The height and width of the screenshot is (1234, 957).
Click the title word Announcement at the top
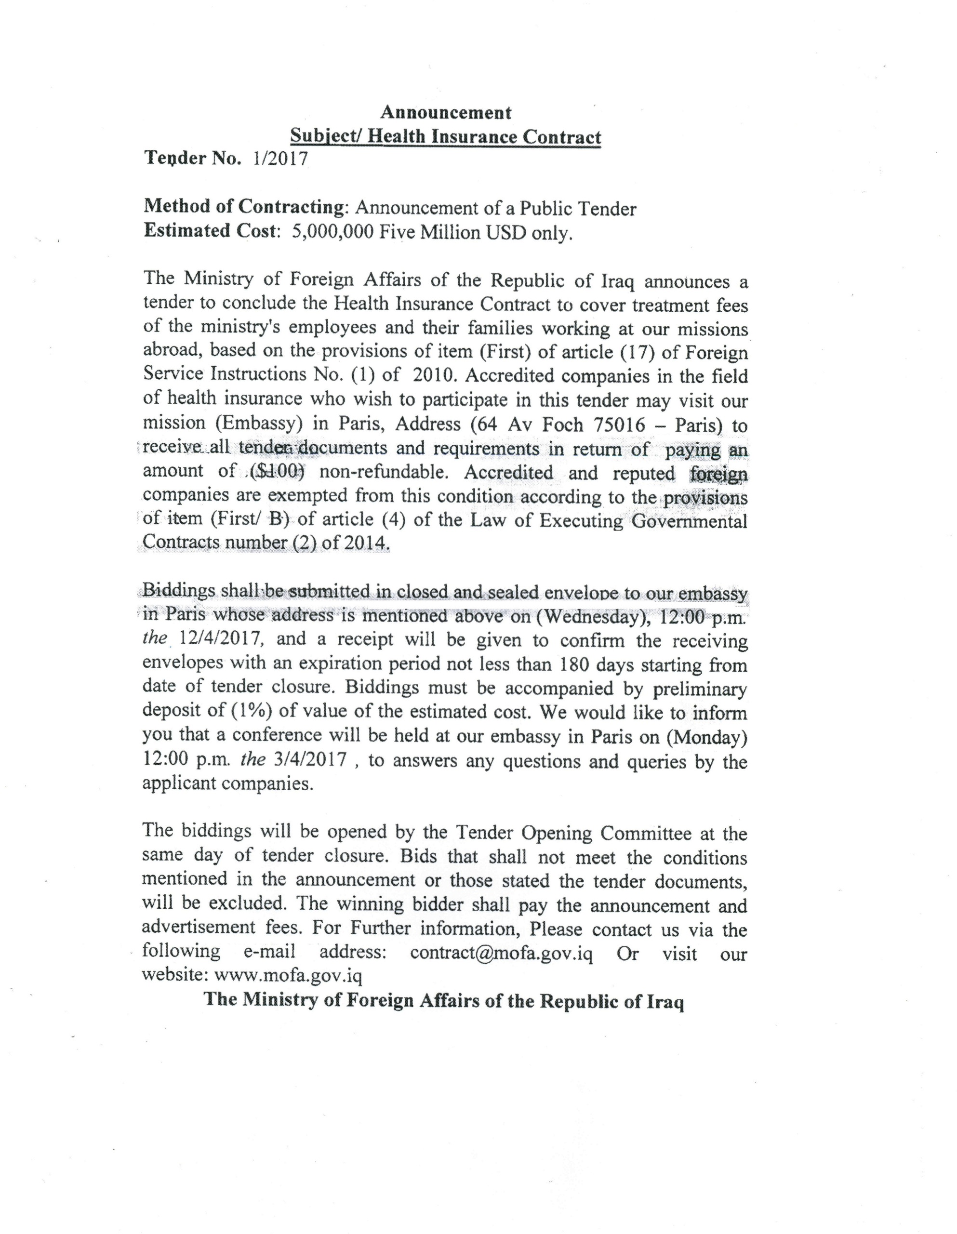click(x=446, y=112)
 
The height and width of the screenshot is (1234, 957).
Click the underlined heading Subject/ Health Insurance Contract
click(x=446, y=137)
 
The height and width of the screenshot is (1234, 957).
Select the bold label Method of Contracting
click(x=243, y=207)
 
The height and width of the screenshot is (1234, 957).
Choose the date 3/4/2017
click(x=309, y=760)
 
